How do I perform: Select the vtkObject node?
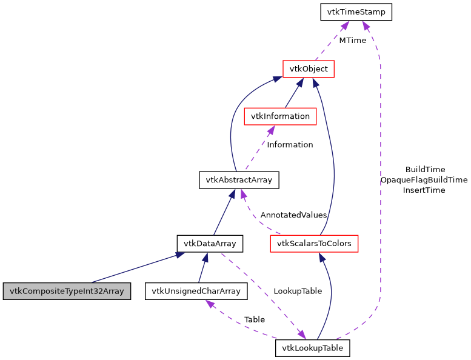click(x=309, y=68)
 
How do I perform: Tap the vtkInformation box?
click(x=280, y=116)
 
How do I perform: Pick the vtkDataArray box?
click(x=210, y=244)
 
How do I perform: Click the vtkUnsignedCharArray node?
click(x=196, y=291)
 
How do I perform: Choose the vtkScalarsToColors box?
click(x=314, y=244)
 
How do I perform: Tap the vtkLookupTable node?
click(x=313, y=348)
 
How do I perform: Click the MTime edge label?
click(x=352, y=40)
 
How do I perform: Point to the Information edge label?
click(x=290, y=145)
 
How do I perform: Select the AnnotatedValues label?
click(x=293, y=215)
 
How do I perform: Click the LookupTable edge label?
click(x=298, y=291)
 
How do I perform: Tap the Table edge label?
click(x=255, y=319)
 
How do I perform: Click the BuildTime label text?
click(x=425, y=170)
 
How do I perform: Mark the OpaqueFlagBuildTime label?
click(x=424, y=180)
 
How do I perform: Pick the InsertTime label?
click(x=424, y=190)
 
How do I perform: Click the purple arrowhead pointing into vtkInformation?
click(x=271, y=130)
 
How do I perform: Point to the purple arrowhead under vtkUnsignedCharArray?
click(x=210, y=304)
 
